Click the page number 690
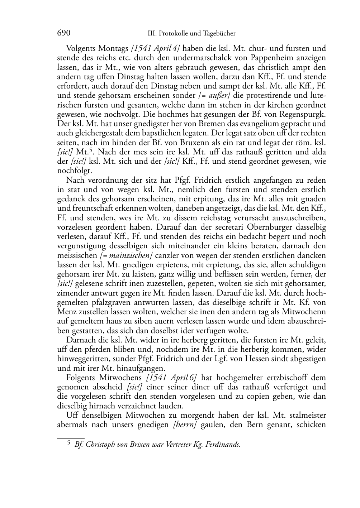[63, 33]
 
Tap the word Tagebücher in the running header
[218, 34]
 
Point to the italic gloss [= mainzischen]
[126, 256]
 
